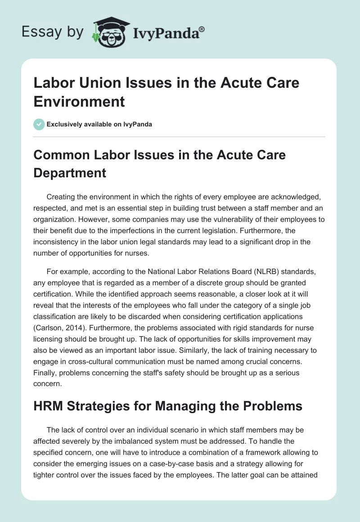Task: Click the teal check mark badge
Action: (39, 124)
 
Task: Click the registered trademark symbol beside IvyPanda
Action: (202, 29)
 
